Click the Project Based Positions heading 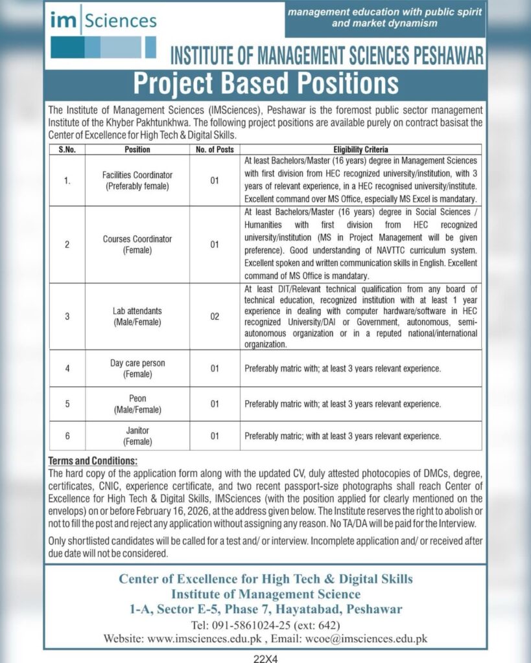coord(265,84)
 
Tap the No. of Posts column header coord(214,150)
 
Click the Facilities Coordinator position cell coord(137,181)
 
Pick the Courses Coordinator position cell coord(137,244)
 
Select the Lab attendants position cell coord(137,316)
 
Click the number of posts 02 coord(214,316)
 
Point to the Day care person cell coord(137,368)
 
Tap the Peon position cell coord(137,404)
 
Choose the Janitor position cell coord(137,436)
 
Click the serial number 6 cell coord(67,436)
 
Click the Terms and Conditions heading coord(93,461)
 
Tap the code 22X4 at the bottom coord(266,657)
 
